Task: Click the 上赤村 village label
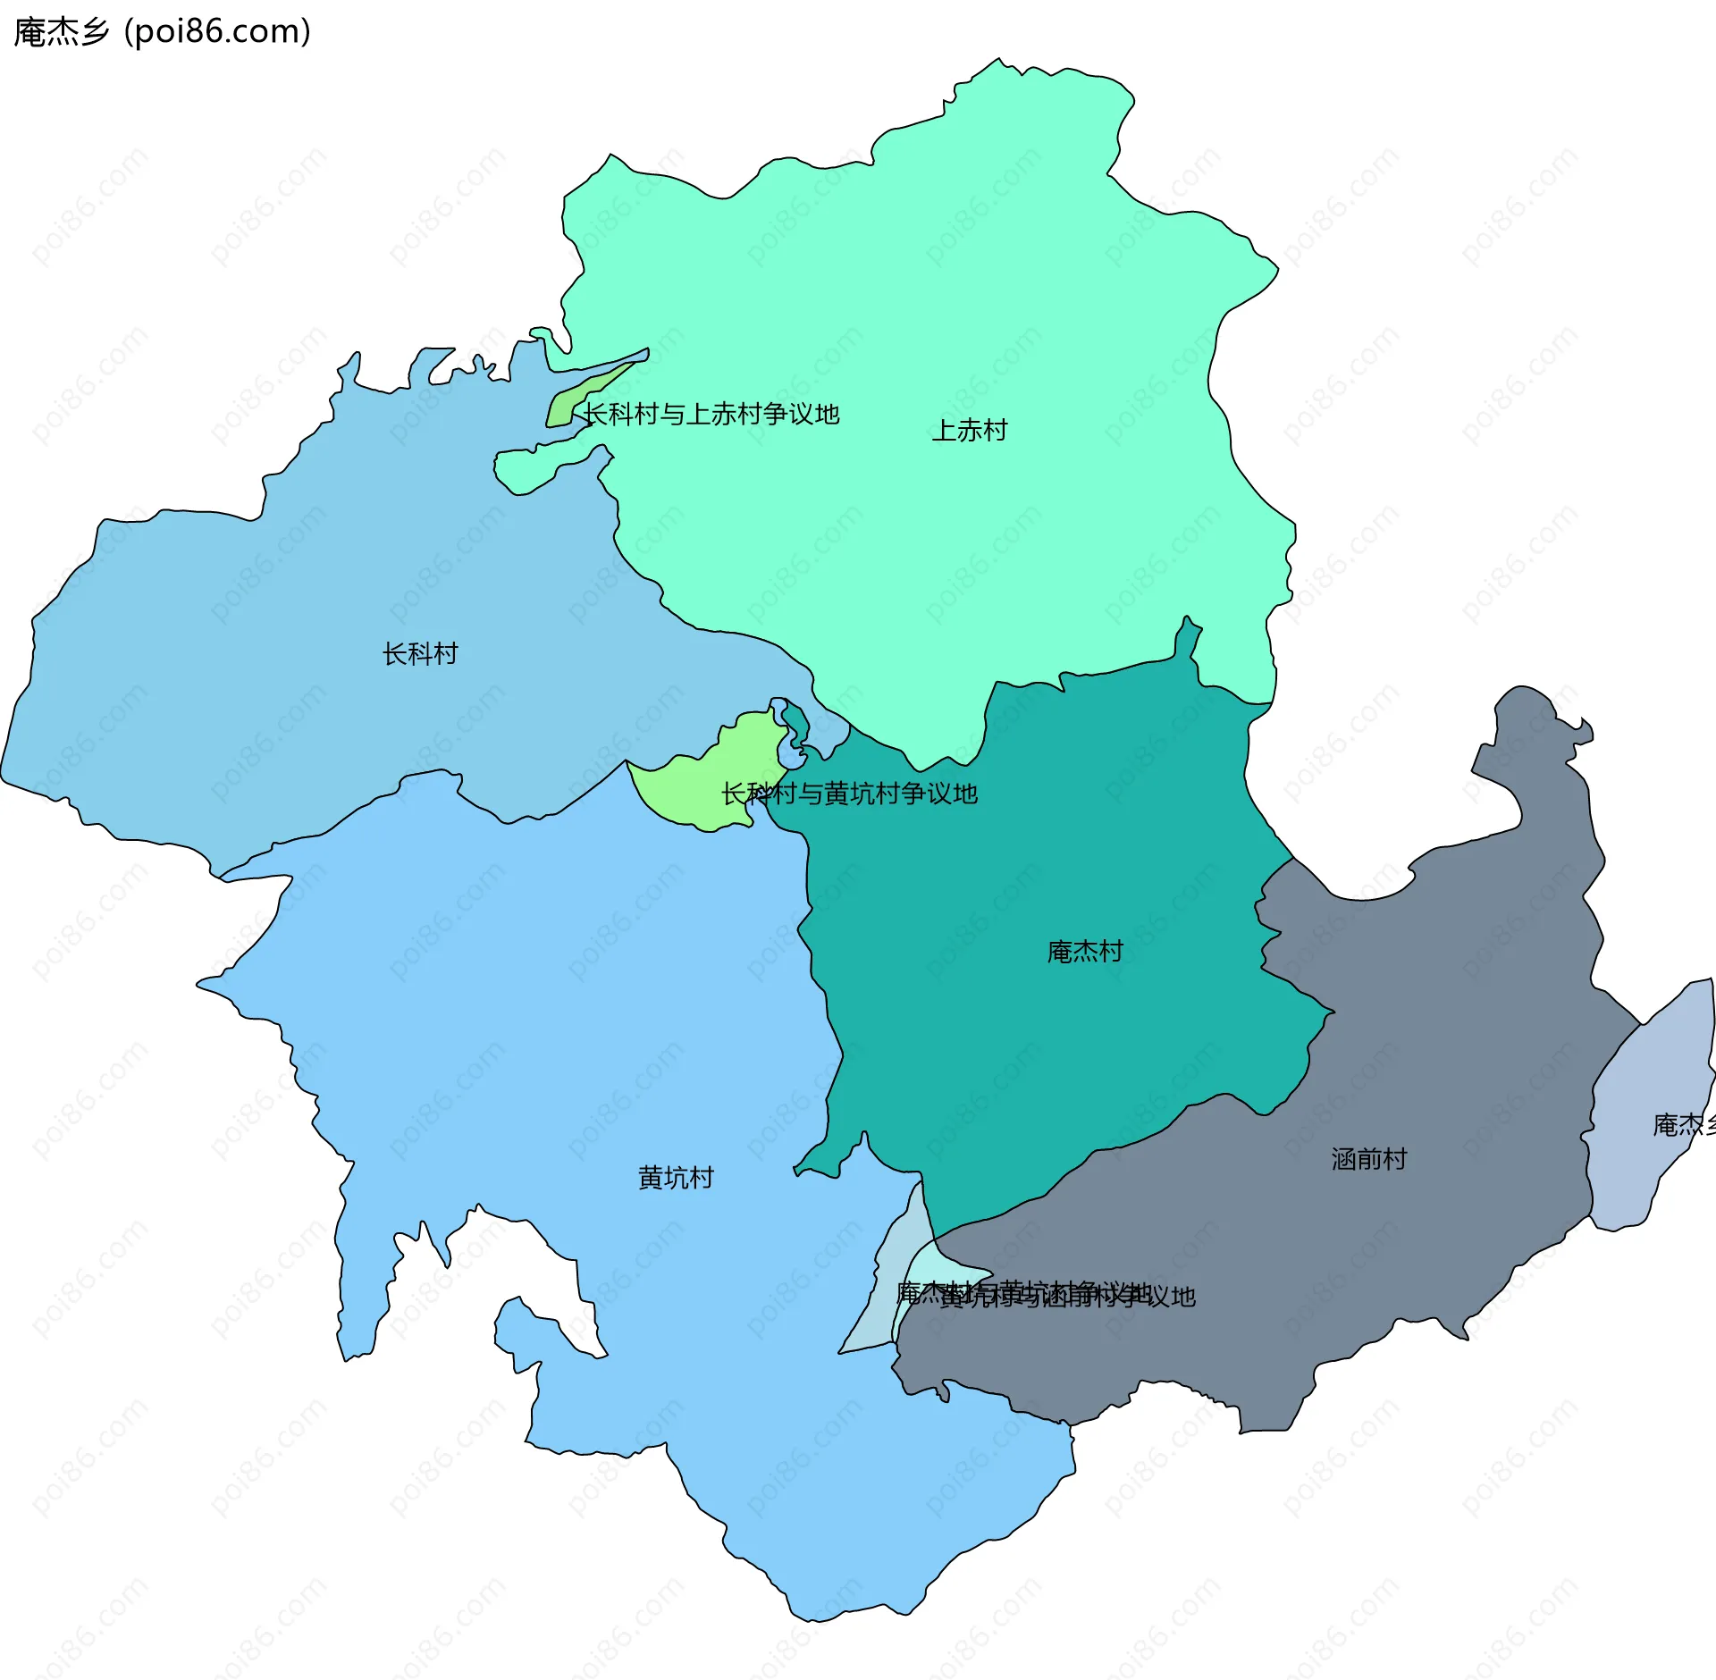pyautogui.click(x=970, y=431)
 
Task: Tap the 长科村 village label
pyautogui.click(x=420, y=654)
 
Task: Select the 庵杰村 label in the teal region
pyautogui.click(x=1085, y=952)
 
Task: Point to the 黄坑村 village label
pyautogui.click(x=676, y=1178)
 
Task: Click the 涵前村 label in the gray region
pyautogui.click(x=1369, y=1159)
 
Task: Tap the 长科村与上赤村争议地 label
pyautogui.click(x=711, y=414)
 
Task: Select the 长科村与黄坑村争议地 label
pyautogui.click(x=849, y=794)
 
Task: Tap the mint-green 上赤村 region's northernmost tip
pyautogui.click(x=998, y=62)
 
